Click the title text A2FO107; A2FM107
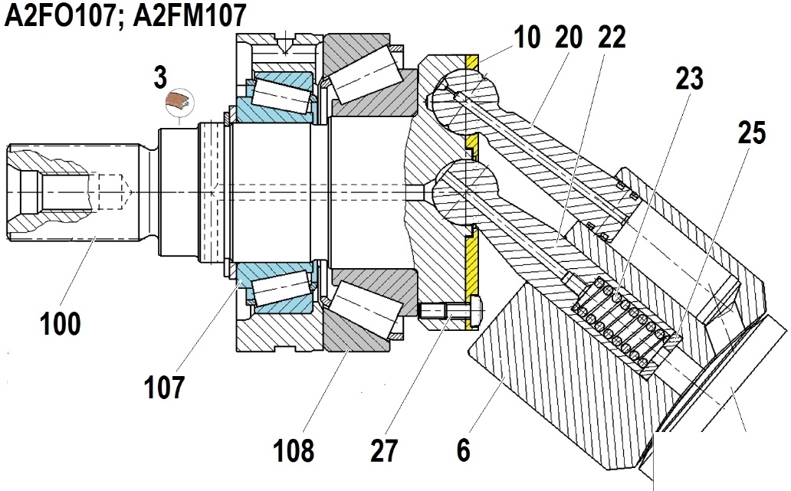click(125, 15)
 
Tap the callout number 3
click(160, 77)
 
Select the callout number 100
click(61, 323)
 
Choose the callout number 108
click(294, 450)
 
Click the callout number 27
click(384, 450)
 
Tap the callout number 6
click(464, 450)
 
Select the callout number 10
click(527, 38)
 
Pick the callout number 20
click(569, 38)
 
